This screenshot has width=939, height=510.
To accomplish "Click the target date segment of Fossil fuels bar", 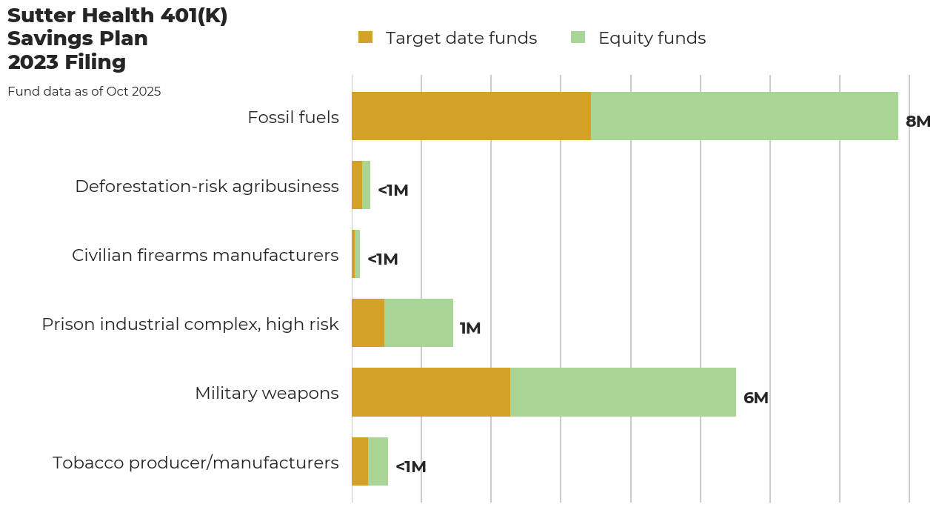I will [x=471, y=116].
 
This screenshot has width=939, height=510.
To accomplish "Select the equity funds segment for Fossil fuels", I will [x=744, y=116].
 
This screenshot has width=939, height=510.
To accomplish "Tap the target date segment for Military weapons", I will [x=431, y=392].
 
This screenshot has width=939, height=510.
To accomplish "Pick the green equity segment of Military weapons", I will [x=623, y=392].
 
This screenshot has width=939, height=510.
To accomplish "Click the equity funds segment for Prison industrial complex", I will [x=418, y=323].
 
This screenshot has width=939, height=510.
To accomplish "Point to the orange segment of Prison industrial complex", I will [x=368, y=323].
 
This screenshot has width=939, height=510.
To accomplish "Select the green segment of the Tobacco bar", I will [x=378, y=461].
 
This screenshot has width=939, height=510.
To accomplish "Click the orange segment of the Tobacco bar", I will [x=360, y=461].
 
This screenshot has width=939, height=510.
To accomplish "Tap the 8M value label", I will [x=918, y=122].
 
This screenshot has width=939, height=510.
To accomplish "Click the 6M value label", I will [x=755, y=398].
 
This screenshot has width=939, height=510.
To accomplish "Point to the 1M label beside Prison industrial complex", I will [x=470, y=328].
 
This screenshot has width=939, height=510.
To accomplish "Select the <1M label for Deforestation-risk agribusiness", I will [x=392, y=191].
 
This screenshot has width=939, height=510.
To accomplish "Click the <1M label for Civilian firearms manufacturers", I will [x=382, y=259].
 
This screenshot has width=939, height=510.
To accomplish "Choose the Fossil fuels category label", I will [x=293, y=117].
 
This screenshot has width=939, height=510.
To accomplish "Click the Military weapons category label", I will [x=267, y=393].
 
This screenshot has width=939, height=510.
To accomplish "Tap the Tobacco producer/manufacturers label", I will [x=196, y=463].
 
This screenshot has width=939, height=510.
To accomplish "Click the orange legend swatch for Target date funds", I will [x=365, y=37].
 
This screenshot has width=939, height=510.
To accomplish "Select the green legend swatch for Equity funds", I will [x=578, y=37].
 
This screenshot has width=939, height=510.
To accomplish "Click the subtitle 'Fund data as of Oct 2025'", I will [x=84, y=92].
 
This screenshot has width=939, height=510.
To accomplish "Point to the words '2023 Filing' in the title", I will [x=67, y=62].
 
